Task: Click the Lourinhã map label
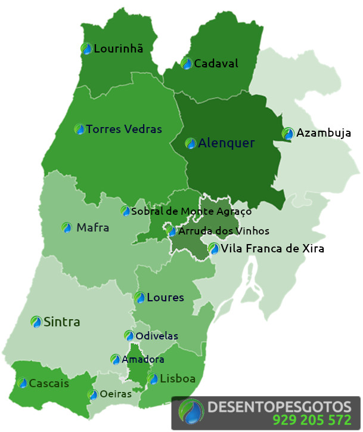point(119,49)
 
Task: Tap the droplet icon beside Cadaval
point(187,63)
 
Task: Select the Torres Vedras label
point(124,129)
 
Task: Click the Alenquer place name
point(226,143)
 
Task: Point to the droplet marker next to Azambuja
point(288,133)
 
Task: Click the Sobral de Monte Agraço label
point(191,211)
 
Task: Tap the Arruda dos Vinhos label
point(224,231)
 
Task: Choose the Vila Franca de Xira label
point(272,248)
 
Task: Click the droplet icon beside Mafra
point(67,227)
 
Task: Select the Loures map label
point(165,297)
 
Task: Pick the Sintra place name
point(61,322)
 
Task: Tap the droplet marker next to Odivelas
point(129,336)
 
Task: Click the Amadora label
point(142,359)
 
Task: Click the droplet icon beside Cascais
point(23,383)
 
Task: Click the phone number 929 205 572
point(312,419)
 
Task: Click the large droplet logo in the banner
point(192,412)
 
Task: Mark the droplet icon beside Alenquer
point(190,143)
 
